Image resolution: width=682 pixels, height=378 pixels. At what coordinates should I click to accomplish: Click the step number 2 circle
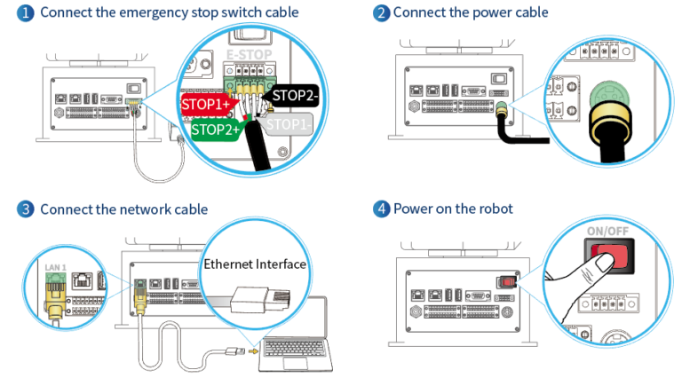pos(382,12)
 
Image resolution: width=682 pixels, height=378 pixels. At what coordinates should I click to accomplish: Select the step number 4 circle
pos(382,209)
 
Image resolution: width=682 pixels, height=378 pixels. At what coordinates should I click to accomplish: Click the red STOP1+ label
pos(206,104)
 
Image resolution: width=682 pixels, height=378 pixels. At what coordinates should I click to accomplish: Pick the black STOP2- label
pos(297,96)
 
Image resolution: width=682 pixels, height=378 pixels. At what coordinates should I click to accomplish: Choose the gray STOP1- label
pos(290,124)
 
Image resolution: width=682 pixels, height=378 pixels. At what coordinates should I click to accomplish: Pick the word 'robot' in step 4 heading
pos(494,209)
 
